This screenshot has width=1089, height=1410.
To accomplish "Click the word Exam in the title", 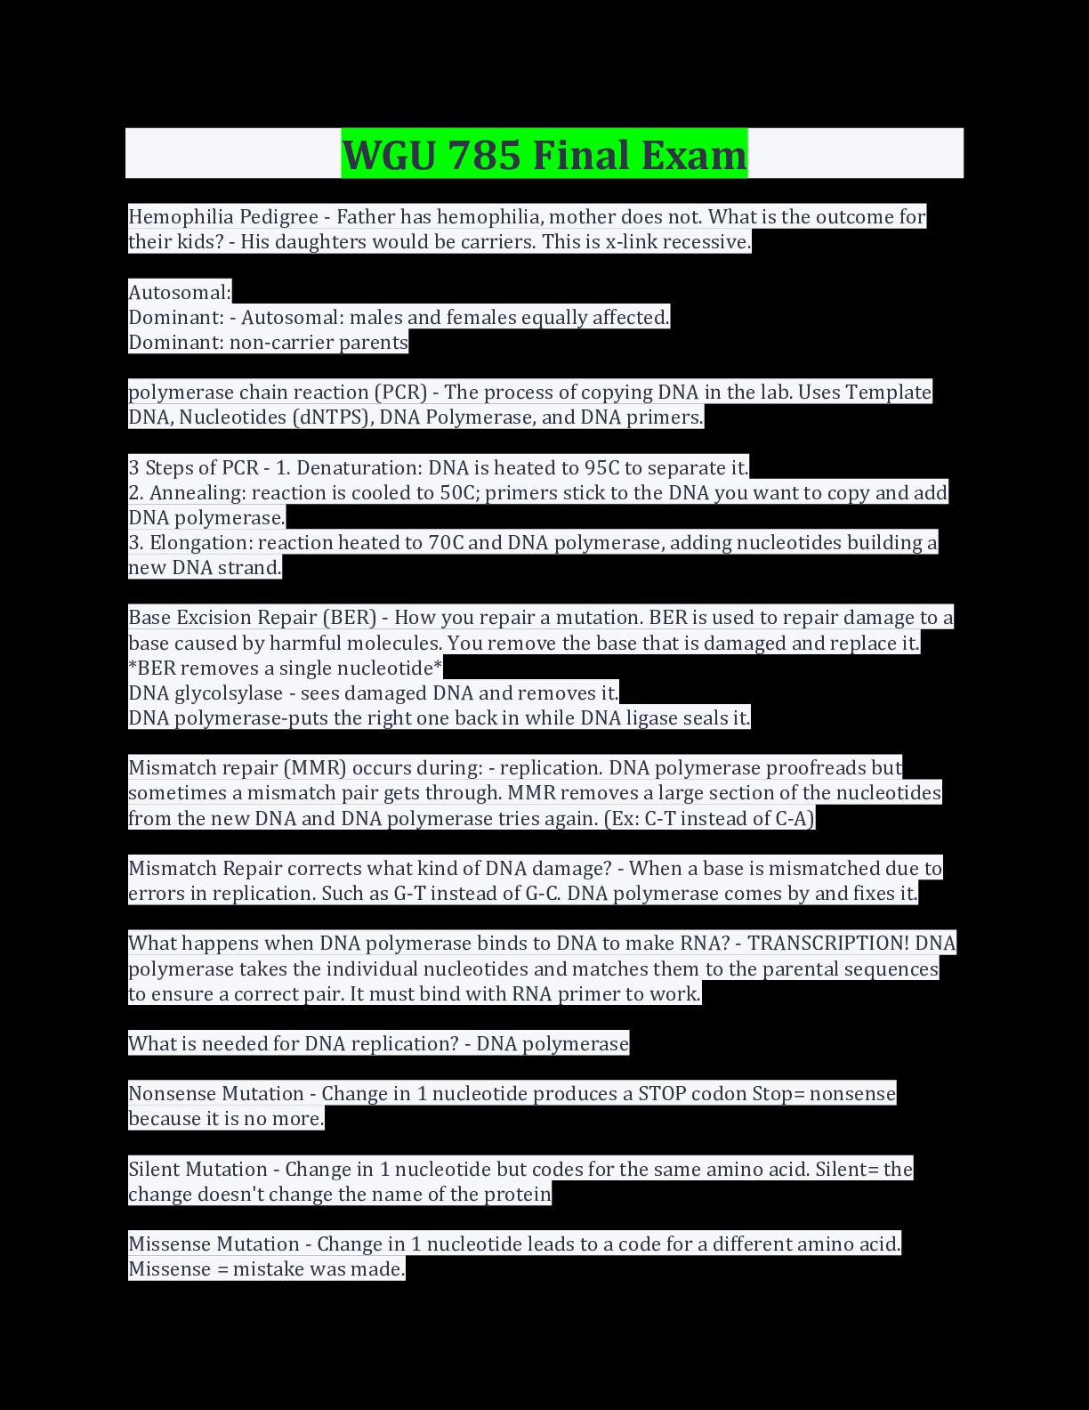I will pos(694,155).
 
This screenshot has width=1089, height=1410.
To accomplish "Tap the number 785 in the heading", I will pos(485,155).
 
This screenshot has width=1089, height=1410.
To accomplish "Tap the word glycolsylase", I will pos(229,693).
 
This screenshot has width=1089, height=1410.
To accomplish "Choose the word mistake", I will pos(268,1268).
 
